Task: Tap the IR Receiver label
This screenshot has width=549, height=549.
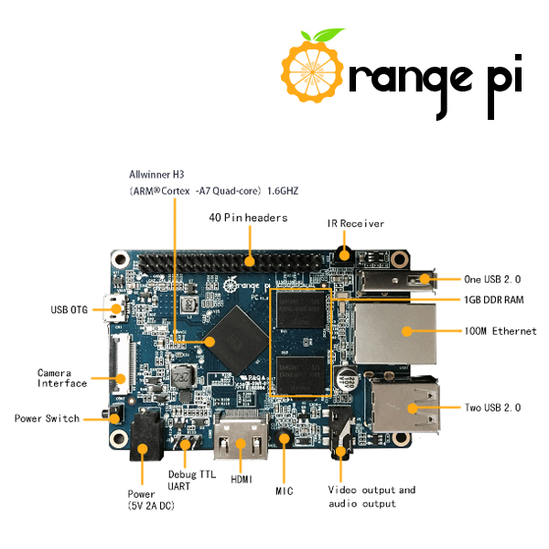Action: (x=356, y=223)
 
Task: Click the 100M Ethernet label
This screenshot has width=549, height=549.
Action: (x=501, y=330)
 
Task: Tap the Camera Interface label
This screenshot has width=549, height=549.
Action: (x=62, y=378)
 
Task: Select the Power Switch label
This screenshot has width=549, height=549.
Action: (x=48, y=418)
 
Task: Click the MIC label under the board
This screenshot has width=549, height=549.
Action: (x=285, y=491)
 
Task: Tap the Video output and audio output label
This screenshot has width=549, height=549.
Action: (x=371, y=497)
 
